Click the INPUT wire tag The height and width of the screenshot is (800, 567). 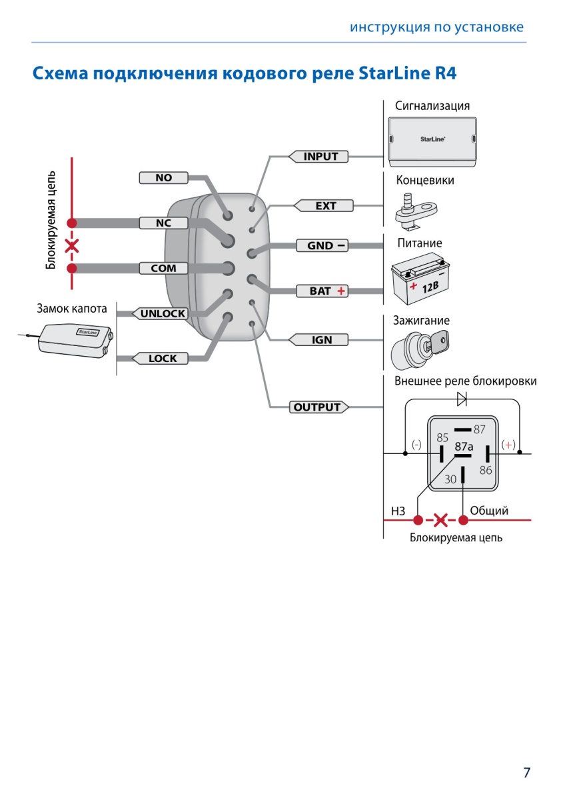[318, 157]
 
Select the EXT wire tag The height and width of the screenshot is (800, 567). [323, 206]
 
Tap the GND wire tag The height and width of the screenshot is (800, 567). [322, 246]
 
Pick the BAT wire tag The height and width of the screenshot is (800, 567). [322, 291]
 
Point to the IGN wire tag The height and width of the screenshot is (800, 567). [318, 339]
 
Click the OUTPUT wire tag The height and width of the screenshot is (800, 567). [319, 407]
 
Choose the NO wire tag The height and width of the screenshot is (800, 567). [163, 177]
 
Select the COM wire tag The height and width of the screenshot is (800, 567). [163, 268]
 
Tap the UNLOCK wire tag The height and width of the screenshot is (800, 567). [160, 313]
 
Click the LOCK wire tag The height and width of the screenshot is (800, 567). [160, 358]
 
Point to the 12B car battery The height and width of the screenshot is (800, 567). [420, 278]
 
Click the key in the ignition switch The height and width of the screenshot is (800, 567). [437, 342]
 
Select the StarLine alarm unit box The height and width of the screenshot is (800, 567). [432, 142]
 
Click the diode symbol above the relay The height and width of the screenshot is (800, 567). [462, 399]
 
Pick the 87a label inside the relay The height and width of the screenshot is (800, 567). [464, 447]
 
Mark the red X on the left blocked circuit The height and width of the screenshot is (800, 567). [72, 246]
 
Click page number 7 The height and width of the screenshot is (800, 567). [526, 773]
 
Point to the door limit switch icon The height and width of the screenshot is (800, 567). [416, 212]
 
